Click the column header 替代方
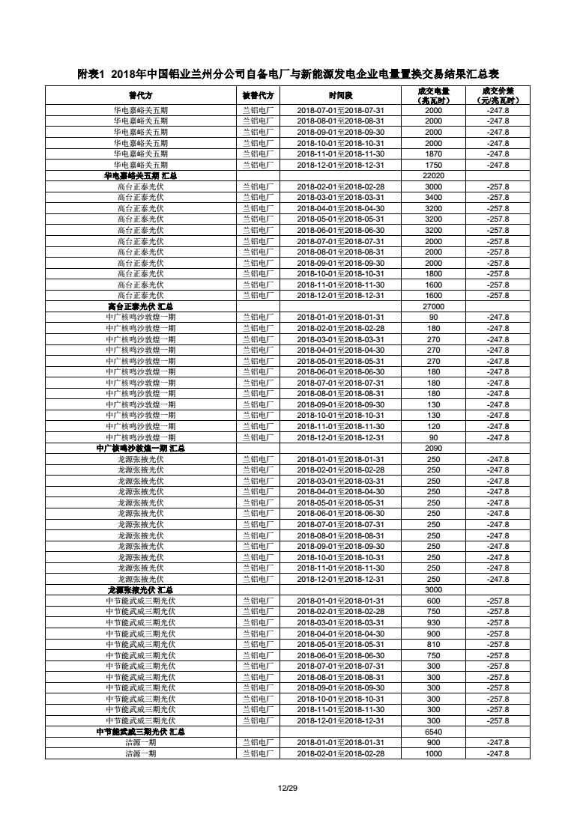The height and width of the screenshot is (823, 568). pyautogui.click(x=140, y=96)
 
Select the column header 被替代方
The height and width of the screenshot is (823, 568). pyautogui.click(x=258, y=96)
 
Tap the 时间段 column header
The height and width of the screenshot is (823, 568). pyautogui.click(x=340, y=96)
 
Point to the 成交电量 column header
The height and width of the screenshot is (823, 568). pyautogui.click(x=434, y=96)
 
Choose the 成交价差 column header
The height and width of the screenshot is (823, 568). pyautogui.click(x=498, y=96)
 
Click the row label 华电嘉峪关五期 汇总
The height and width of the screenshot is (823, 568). pyautogui.click(x=140, y=175)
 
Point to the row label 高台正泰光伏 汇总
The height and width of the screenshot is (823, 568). pyautogui.click(x=140, y=306)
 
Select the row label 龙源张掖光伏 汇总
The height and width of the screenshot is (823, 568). pyautogui.click(x=140, y=590)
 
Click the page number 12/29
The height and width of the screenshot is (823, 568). pyautogui.click(x=284, y=787)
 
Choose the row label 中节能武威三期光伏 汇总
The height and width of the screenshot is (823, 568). pyautogui.click(x=140, y=732)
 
